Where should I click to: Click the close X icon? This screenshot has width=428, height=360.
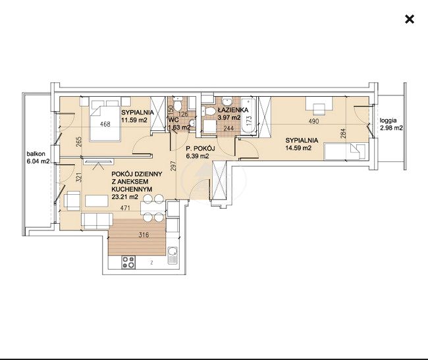click(x=410, y=19)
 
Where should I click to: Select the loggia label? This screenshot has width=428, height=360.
click(x=388, y=120)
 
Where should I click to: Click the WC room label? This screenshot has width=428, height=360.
click(x=174, y=120)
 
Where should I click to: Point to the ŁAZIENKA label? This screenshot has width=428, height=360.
click(x=233, y=110)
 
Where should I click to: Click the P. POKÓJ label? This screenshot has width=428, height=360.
click(x=200, y=149)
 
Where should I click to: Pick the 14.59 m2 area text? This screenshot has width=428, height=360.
click(x=298, y=148)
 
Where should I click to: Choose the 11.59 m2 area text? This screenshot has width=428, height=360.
click(x=134, y=120)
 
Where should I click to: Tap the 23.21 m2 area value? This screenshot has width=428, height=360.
click(x=124, y=197)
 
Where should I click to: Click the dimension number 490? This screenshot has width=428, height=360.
click(x=313, y=121)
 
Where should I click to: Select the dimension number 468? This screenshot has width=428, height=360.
click(x=105, y=124)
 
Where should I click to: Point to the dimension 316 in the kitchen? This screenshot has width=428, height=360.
click(x=144, y=235)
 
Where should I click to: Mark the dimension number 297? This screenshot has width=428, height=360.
click(x=174, y=167)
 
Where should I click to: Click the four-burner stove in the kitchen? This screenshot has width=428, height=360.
click(x=128, y=263)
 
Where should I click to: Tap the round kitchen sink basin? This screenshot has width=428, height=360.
click(x=173, y=251)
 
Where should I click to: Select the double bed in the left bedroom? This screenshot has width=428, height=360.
click(x=105, y=120)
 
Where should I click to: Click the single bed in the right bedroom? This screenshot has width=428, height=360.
click(x=344, y=151)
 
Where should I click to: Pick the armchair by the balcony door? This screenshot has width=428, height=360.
click(x=72, y=201)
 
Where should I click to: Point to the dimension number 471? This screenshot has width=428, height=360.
click(x=125, y=208)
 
